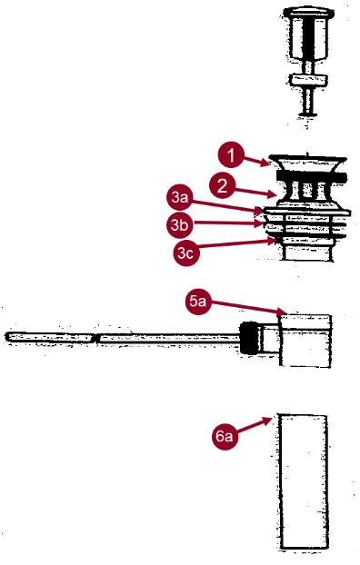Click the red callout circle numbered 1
pos(231,155)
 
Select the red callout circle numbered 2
pos(223,185)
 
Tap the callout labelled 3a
pos(180,197)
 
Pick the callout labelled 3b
pos(180,225)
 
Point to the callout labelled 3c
pos(185,253)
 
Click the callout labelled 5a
pos(198,302)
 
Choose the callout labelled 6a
pos(225,436)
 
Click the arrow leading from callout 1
pos(256,161)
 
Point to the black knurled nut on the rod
pos(248,338)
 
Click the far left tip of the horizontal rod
pos(5,337)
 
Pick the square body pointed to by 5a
pos(305,341)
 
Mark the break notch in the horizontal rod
pos(95,338)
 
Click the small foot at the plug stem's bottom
pos(307,115)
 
